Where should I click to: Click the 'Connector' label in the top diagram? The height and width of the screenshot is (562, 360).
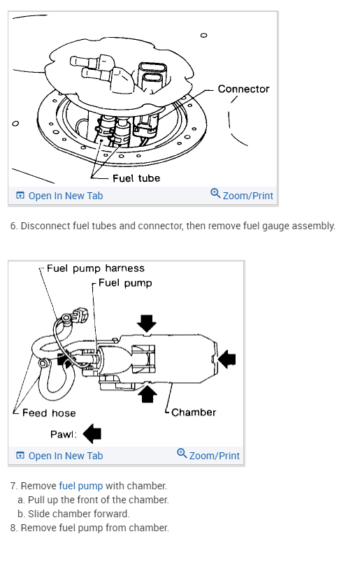click(x=243, y=89)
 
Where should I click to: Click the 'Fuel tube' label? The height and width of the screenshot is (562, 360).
click(x=136, y=178)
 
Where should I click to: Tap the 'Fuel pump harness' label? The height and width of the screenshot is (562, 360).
click(x=96, y=268)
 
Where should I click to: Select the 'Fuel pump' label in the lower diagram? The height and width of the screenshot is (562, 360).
click(x=125, y=283)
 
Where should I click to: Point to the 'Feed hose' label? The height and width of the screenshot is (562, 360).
click(x=49, y=413)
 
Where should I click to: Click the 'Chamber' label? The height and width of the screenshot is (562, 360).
click(x=194, y=412)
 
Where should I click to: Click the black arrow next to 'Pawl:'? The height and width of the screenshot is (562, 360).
click(x=92, y=433)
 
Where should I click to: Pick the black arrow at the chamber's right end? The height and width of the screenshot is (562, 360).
click(x=227, y=359)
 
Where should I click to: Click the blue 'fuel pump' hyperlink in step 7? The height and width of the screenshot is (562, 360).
click(x=81, y=486)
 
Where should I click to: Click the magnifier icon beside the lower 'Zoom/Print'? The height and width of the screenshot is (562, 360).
click(x=182, y=454)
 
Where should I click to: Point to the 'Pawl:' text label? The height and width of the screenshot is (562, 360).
click(x=64, y=434)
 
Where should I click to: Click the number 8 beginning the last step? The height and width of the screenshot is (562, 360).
click(x=13, y=528)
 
